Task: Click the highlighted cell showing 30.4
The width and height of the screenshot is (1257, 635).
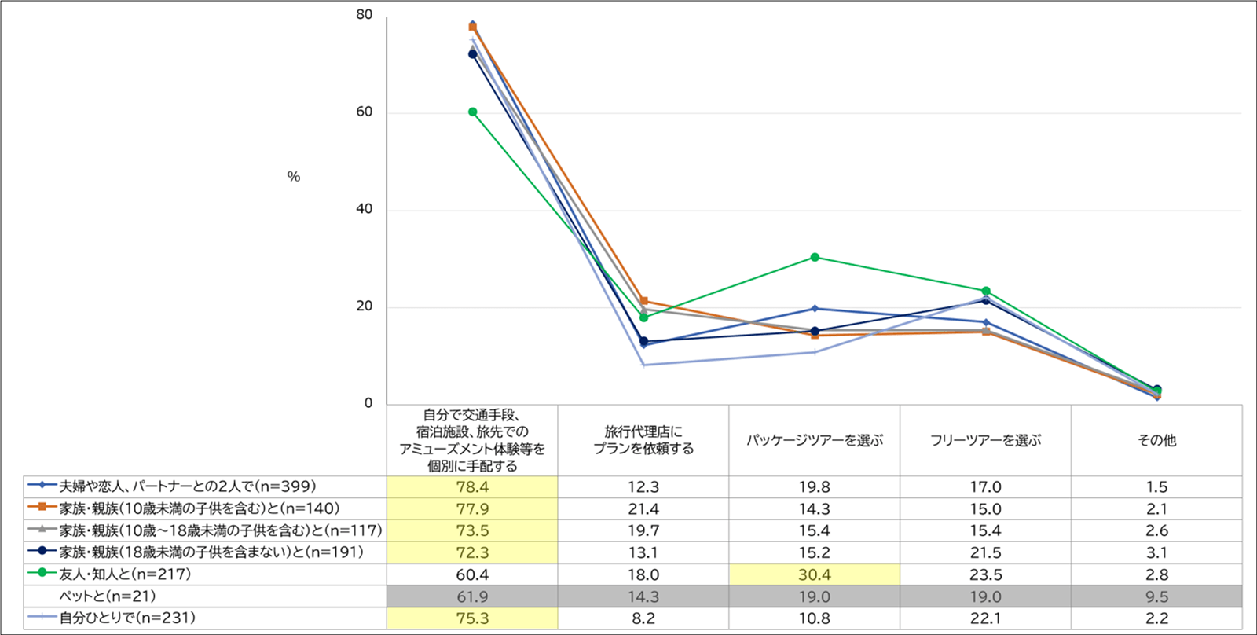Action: pyautogui.click(x=814, y=574)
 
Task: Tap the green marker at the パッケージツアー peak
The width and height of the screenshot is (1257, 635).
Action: pyautogui.click(x=815, y=257)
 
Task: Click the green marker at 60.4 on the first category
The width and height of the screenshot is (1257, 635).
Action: pyautogui.click(x=472, y=112)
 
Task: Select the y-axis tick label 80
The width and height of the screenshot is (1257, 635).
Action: pyautogui.click(x=364, y=15)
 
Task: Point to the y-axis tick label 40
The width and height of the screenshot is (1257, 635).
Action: pyautogui.click(x=364, y=209)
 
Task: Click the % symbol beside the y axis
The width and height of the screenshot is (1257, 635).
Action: pyautogui.click(x=293, y=177)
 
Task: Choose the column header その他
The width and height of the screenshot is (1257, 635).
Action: pyautogui.click(x=1156, y=440)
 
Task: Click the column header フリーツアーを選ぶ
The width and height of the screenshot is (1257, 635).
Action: pyautogui.click(x=985, y=440)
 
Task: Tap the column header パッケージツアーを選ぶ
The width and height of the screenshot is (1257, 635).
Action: pyautogui.click(x=814, y=440)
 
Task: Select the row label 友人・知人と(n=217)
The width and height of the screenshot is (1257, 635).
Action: pyautogui.click(x=125, y=574)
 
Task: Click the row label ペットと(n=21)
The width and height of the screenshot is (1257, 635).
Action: pyautogui.click(x=108, y=596)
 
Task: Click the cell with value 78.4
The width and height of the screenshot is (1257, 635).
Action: pyautogui.click(x=472, y=486)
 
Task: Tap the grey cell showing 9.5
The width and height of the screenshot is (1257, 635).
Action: pyautogui.click(x=1156, y=596)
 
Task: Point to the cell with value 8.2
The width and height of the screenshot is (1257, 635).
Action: pyautogui.click(x=643, y=618)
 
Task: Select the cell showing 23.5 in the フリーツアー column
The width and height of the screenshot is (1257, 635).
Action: pyautogui.click(x=985, y=574)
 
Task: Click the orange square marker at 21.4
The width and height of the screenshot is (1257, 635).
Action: pyautogui.click(x=643, y=301)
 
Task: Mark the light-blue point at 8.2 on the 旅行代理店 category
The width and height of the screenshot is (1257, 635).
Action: pyautogui.click(x=643, y=365)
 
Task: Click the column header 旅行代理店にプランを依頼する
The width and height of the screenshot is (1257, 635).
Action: pyautogui.click(x=643, y=440)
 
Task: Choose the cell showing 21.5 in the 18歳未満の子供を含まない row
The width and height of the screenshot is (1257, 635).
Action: pyautogui.click(x=985, y=552)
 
